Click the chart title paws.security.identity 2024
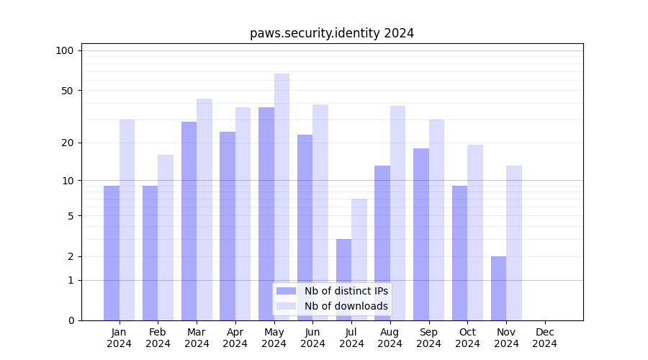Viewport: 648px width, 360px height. point(331,33)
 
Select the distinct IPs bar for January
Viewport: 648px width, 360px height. point(112,253)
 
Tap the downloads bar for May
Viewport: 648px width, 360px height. point(282,197)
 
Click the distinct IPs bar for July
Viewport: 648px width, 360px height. point(343,279)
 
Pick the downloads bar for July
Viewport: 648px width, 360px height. point(359,259)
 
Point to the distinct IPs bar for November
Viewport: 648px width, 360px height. point(498,288)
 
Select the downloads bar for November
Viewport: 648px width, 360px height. point(514,243)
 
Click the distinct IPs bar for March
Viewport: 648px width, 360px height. point(189,221)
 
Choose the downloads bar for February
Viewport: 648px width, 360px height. point(166,238)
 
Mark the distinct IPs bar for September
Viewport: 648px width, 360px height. point(421,234)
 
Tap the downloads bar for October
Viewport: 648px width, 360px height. point(475,233)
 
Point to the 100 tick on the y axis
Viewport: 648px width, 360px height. point(65,50)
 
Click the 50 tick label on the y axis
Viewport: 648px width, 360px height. point(67,91)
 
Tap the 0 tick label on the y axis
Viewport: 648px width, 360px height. point(71,320)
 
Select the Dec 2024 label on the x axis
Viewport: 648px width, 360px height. point(545,338)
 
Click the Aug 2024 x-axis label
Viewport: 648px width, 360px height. point(390,338)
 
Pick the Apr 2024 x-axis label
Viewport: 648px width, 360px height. point(235,338)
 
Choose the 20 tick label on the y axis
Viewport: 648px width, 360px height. point(67,143)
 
